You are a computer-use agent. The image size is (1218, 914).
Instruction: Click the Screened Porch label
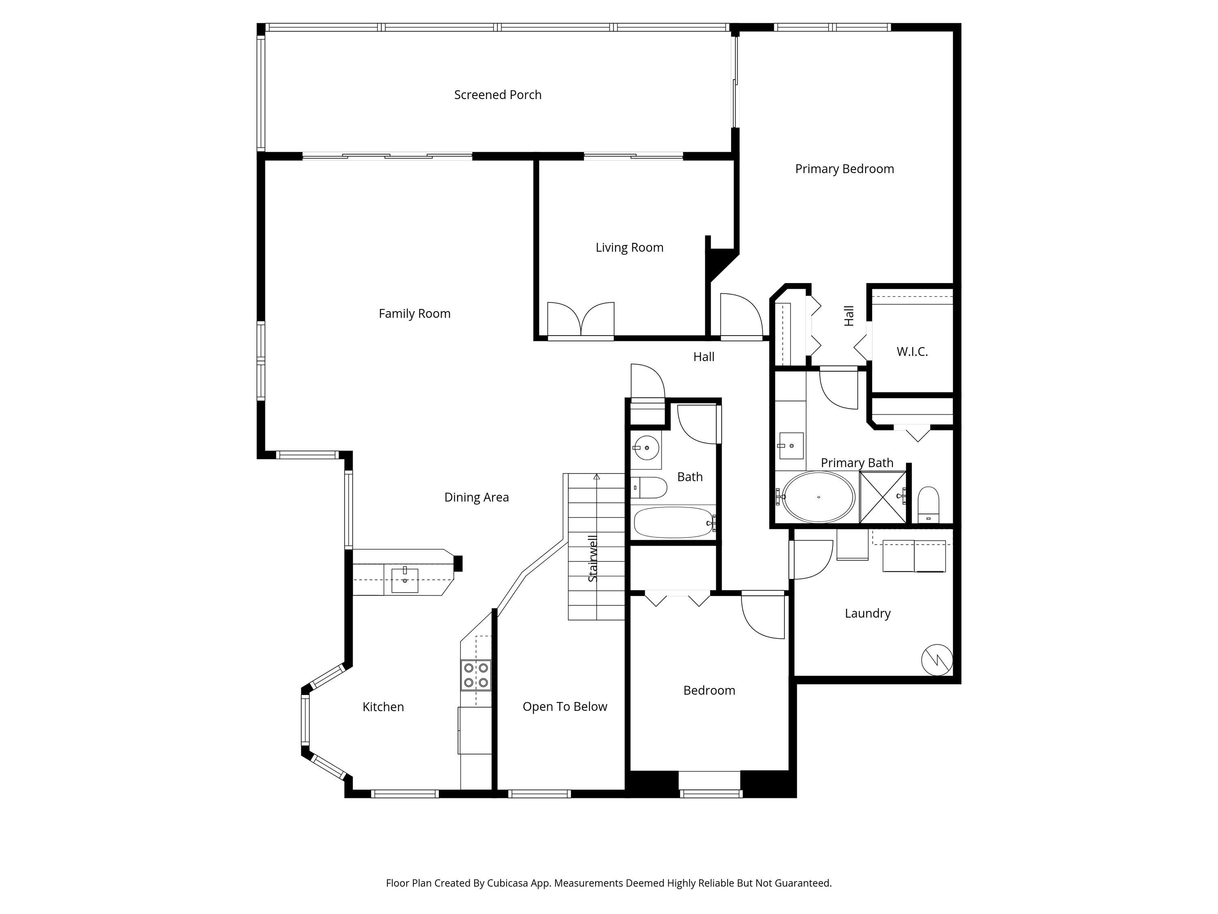click(497, 95)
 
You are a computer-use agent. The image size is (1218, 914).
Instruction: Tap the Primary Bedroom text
click(844, 169)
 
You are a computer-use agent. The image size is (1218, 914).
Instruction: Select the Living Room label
click(629, 247)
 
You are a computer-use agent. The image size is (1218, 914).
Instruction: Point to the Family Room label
click(414, 314)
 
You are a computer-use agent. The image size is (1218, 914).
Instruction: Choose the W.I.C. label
click(912, 351)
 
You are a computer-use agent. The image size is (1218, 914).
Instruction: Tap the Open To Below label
click(564, 706)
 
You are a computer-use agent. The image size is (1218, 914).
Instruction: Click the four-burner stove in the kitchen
click(476, 675)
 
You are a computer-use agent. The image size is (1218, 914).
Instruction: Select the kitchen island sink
click(405, 580)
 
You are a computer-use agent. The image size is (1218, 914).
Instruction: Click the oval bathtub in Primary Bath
click(818, 497)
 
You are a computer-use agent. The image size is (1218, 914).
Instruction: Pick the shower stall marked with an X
click(883, 497)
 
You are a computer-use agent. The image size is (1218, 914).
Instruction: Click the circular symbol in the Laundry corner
click(937, 659)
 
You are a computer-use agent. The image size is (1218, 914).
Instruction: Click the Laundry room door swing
click(812, 559)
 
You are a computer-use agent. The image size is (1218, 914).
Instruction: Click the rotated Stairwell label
click(592, 558)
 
